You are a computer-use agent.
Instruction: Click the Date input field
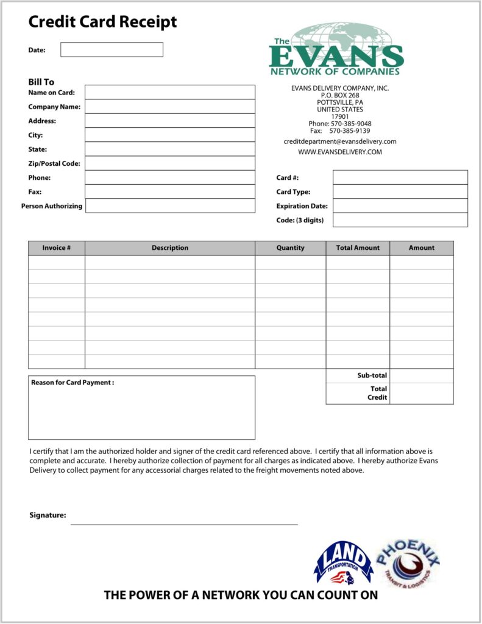pyautogui.click(x=112, y=49)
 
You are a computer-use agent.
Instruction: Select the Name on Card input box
pyautogui.click(x=169, y=92)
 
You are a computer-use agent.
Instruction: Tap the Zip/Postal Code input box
pyautogui.click(x=169, y=163)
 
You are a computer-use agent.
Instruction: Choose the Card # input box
pyautogui.click(x=400, y=177)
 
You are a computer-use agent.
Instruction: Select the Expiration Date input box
pyautogui.click(x=400, y=206)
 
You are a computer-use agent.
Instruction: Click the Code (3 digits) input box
pyautogui.click(x=400, y=220)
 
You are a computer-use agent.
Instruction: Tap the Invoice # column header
pyautogui.click(x=56, y=248)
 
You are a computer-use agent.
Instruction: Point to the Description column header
pyautogui.click(x=170, y=248)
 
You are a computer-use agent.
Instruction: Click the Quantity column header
pyautogui.click(x=290, y=248)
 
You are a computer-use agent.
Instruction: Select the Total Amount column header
pyautogui.click(x=358, y=248)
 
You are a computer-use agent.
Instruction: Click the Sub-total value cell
pyautogui.click(x=422, y=376)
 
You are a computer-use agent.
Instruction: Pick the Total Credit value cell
pyautogui.click(x=422, y=394)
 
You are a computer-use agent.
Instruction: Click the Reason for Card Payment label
pyautogui.click(x=73, y=383)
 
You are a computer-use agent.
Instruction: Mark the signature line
pyautogui.click(x=184, y=523)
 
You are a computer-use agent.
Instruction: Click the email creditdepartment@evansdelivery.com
pyautogui.click(x=340, y=141)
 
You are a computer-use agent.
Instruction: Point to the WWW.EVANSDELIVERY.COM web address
pyautogui.click(x=340, y=152)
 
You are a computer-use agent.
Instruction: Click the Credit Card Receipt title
pyautogui.click(x=102, y=23)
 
